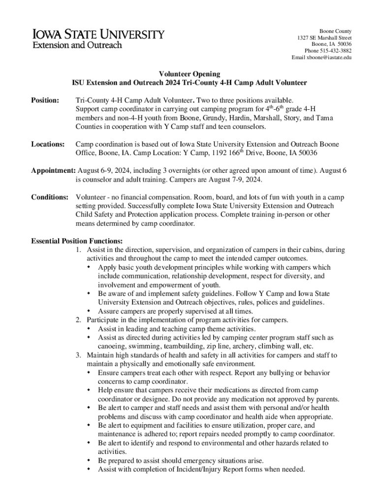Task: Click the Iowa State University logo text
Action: coord(98,35)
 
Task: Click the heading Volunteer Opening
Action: coord(189,74)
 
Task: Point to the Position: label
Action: coord(45,100)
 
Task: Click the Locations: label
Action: coord(48,144)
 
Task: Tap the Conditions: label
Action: coord(50,197)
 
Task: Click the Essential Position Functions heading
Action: coord(77,241)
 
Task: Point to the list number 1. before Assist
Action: coord(79,250)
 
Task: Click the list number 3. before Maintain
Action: coord(79,355)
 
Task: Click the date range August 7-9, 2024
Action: coord(232,180)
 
